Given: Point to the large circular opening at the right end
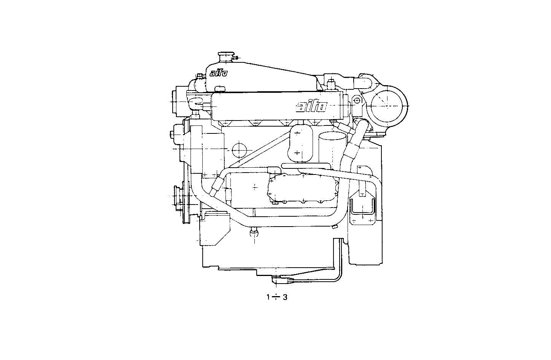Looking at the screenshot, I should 388,104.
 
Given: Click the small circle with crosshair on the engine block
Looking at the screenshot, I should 239,150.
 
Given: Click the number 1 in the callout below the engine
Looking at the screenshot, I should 268,297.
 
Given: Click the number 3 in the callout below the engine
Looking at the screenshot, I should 285,297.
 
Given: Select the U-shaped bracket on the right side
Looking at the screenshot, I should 362,207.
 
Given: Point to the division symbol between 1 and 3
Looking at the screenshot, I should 276,297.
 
